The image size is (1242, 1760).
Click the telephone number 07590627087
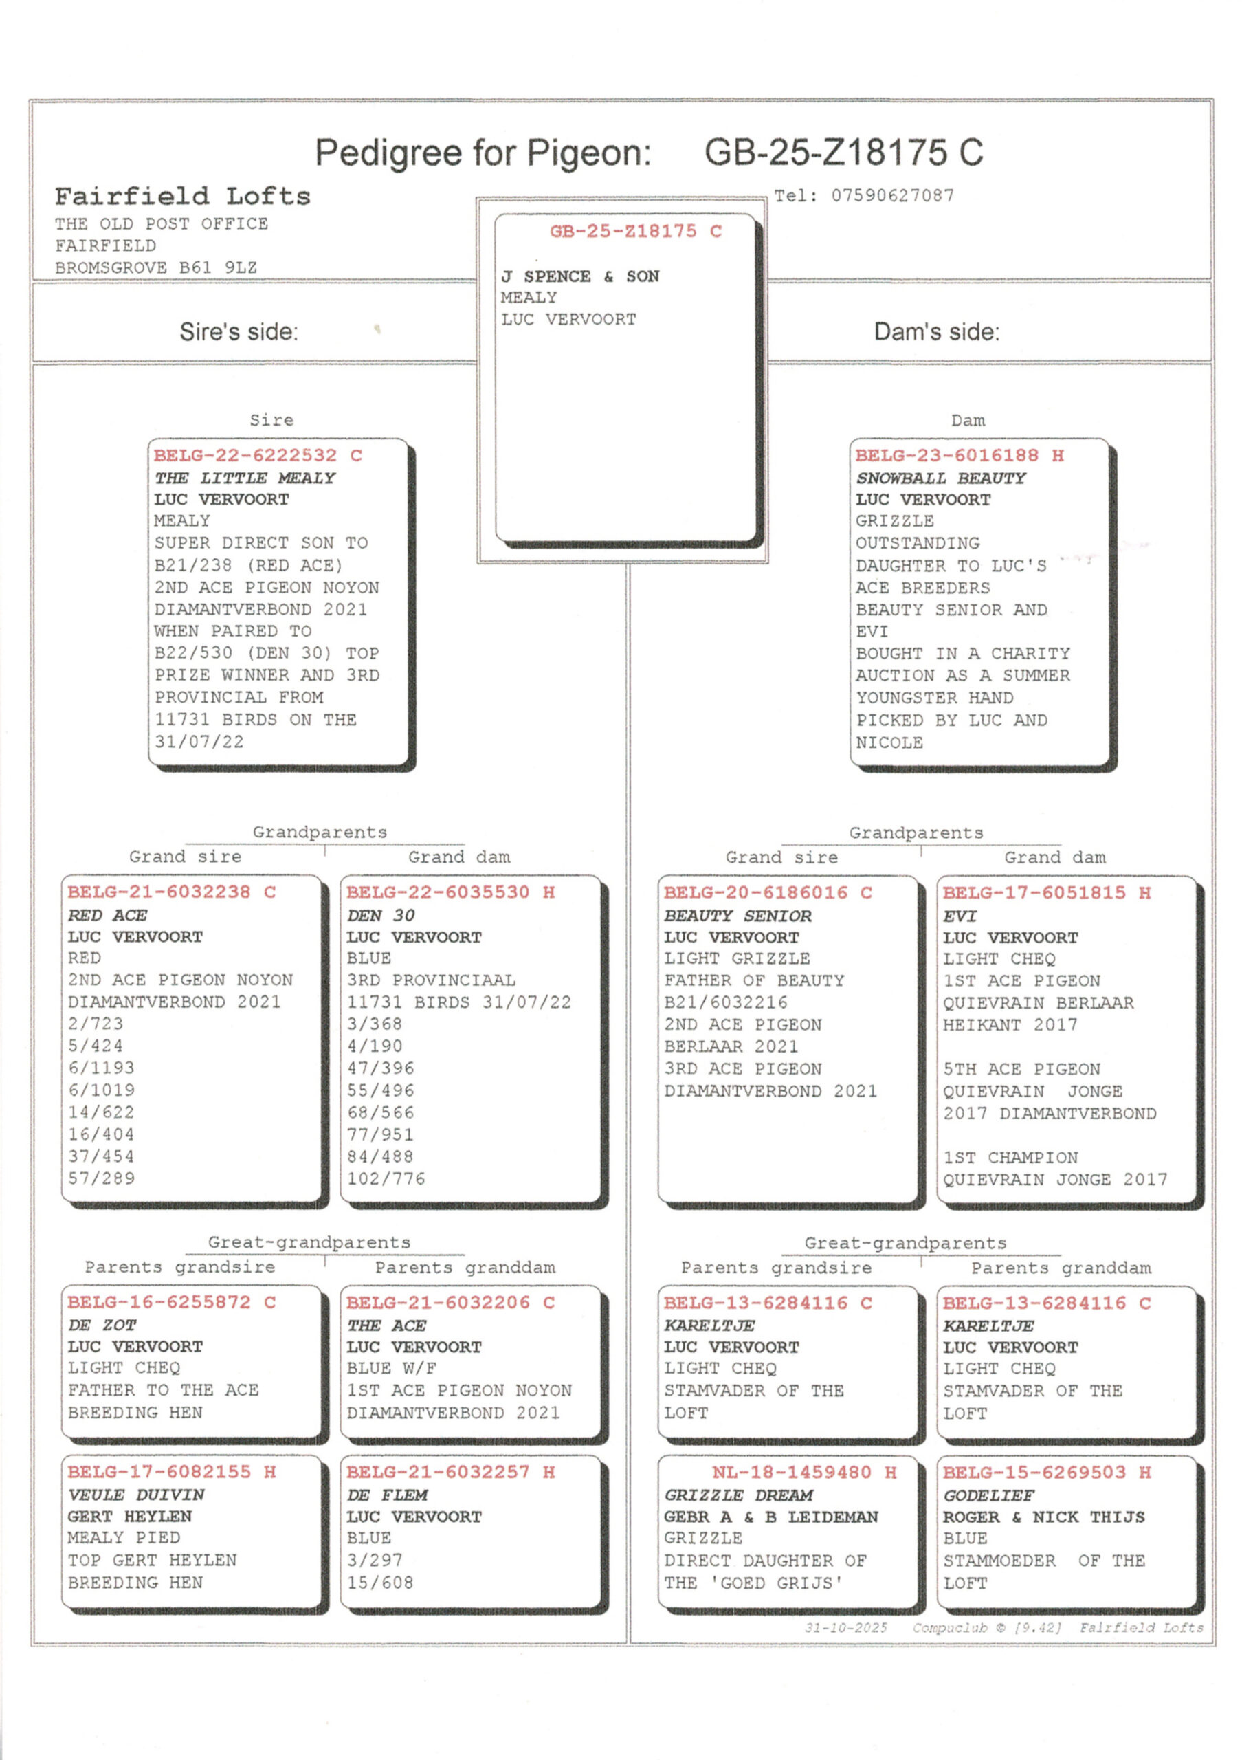(893, 196)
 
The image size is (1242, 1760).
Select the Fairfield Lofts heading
(182, 197)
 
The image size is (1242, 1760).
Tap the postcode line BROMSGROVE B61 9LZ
(155, 267)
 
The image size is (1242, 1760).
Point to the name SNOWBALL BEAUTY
(940, 478)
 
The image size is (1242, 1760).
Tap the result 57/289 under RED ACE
(101, 1178)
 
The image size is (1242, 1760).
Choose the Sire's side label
(239, 332)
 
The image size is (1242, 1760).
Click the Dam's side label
(936, 332)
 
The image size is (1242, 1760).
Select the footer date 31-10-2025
(845, 1627)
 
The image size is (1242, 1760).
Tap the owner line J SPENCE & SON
(580, 276)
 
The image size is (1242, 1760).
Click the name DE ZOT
(102, 1325)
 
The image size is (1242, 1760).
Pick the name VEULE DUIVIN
(135, 1495)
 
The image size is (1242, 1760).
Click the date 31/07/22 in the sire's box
(199, 742)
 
